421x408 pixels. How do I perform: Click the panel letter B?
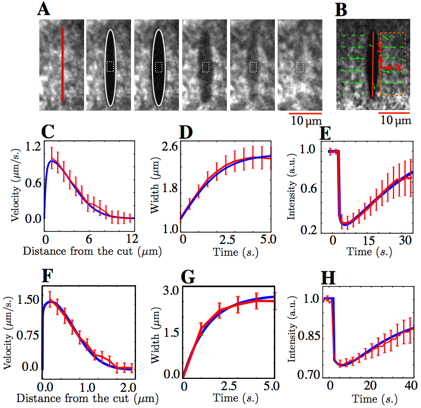coord(342,10)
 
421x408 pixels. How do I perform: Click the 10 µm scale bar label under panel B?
coord(396,121)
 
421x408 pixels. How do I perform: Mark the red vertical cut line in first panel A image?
coord(62,65)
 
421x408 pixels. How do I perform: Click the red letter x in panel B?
coord(398,67)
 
